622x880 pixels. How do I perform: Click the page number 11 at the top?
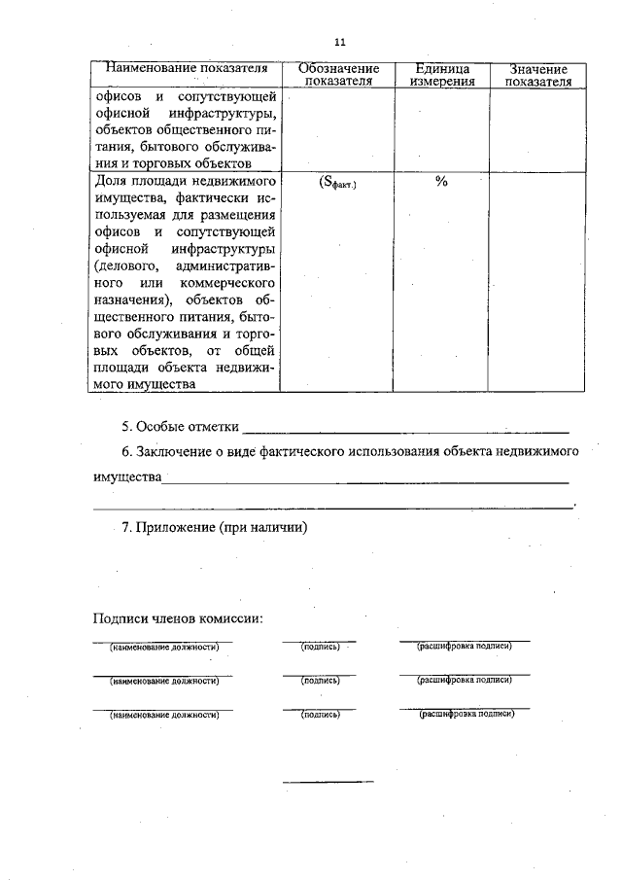coord(339,42)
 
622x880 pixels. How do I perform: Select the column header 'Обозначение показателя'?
coord(338,76)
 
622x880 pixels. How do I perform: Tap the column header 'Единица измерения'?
coord(441,76)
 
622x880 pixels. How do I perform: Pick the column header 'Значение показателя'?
coord(537,76)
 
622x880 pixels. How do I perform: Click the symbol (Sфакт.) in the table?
coord(338,182)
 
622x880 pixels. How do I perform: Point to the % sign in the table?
coord(441,182)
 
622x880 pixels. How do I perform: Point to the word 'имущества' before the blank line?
coord(126,478)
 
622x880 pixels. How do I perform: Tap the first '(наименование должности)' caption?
coord(163,647)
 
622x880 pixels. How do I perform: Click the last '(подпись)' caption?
coord(320,715)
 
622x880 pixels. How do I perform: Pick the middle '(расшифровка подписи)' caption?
coord(465,680)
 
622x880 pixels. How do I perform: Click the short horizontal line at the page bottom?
coord(328,781)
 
